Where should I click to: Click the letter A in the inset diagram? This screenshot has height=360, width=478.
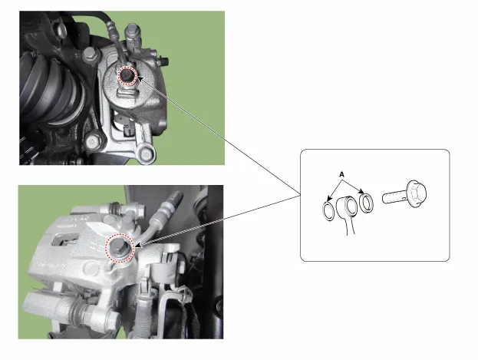[x=341, y=174]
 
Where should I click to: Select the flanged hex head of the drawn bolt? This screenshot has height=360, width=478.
[x=416, y=193]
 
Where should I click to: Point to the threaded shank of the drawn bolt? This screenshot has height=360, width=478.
[x=394, y=197]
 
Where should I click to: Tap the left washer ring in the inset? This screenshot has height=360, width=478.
[x=328, y=211]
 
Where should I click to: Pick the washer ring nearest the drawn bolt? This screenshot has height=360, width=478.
[x=367, y=202]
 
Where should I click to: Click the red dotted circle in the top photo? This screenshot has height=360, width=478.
[x=127, y=76]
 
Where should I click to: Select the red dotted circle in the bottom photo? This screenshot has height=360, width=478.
[x=120, y=248]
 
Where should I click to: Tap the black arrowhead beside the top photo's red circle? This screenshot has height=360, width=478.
[x=140, y=79]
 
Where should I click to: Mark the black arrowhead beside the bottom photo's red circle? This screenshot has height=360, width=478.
[x=137, y=245]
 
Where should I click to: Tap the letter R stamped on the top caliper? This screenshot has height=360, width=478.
[x=126, y=126]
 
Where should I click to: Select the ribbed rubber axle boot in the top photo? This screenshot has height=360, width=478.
[x=51, y=88]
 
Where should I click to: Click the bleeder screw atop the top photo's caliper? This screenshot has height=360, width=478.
[x=134, y=35]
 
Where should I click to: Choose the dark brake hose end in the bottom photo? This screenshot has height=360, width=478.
[x=173, y=200]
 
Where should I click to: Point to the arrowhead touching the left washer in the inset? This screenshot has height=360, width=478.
[x=328, y=198]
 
